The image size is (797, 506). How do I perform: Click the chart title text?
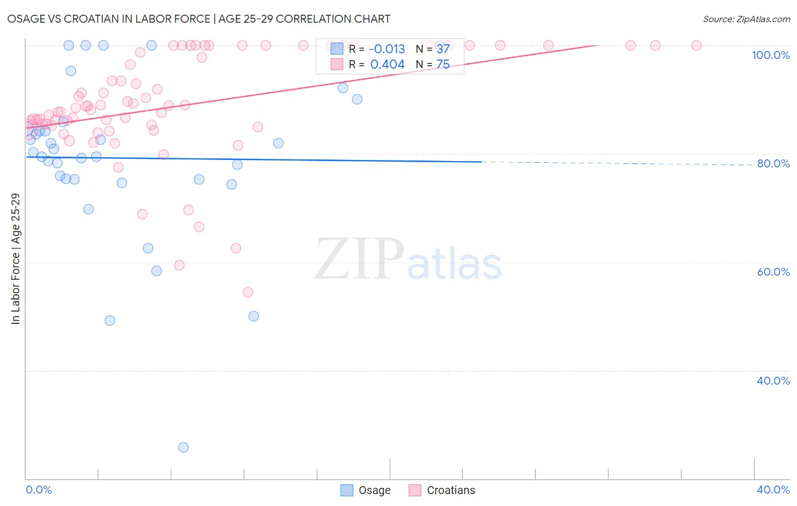[x=198, y=19]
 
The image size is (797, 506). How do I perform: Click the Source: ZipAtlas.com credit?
[x=746, y=19]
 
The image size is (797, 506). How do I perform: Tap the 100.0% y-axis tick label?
[x=770, y=55]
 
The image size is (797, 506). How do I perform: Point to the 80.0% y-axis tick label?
[x=773, y=163]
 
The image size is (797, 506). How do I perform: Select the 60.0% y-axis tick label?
[x=773, y=272]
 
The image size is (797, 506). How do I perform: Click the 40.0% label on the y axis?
[x=773, y=381]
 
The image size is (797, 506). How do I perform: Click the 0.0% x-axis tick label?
[x=39, y=490]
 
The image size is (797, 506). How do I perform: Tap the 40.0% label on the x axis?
[x=773, y=490]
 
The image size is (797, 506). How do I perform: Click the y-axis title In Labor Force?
[x=15, y=259]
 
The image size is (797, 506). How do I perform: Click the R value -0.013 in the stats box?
[x=387, y=49]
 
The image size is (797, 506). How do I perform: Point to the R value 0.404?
[x=387, y=65]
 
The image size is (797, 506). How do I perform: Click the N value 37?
[x=443, y=49]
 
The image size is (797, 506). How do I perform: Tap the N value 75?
[x=443, y=65]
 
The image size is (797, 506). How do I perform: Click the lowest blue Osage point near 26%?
[x=184, y=448]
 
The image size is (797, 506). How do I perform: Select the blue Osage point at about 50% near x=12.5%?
[x=254, y=316]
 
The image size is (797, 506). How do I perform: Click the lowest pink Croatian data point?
[x=248, y=292]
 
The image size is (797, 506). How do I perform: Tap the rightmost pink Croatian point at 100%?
[x=697, y=45]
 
